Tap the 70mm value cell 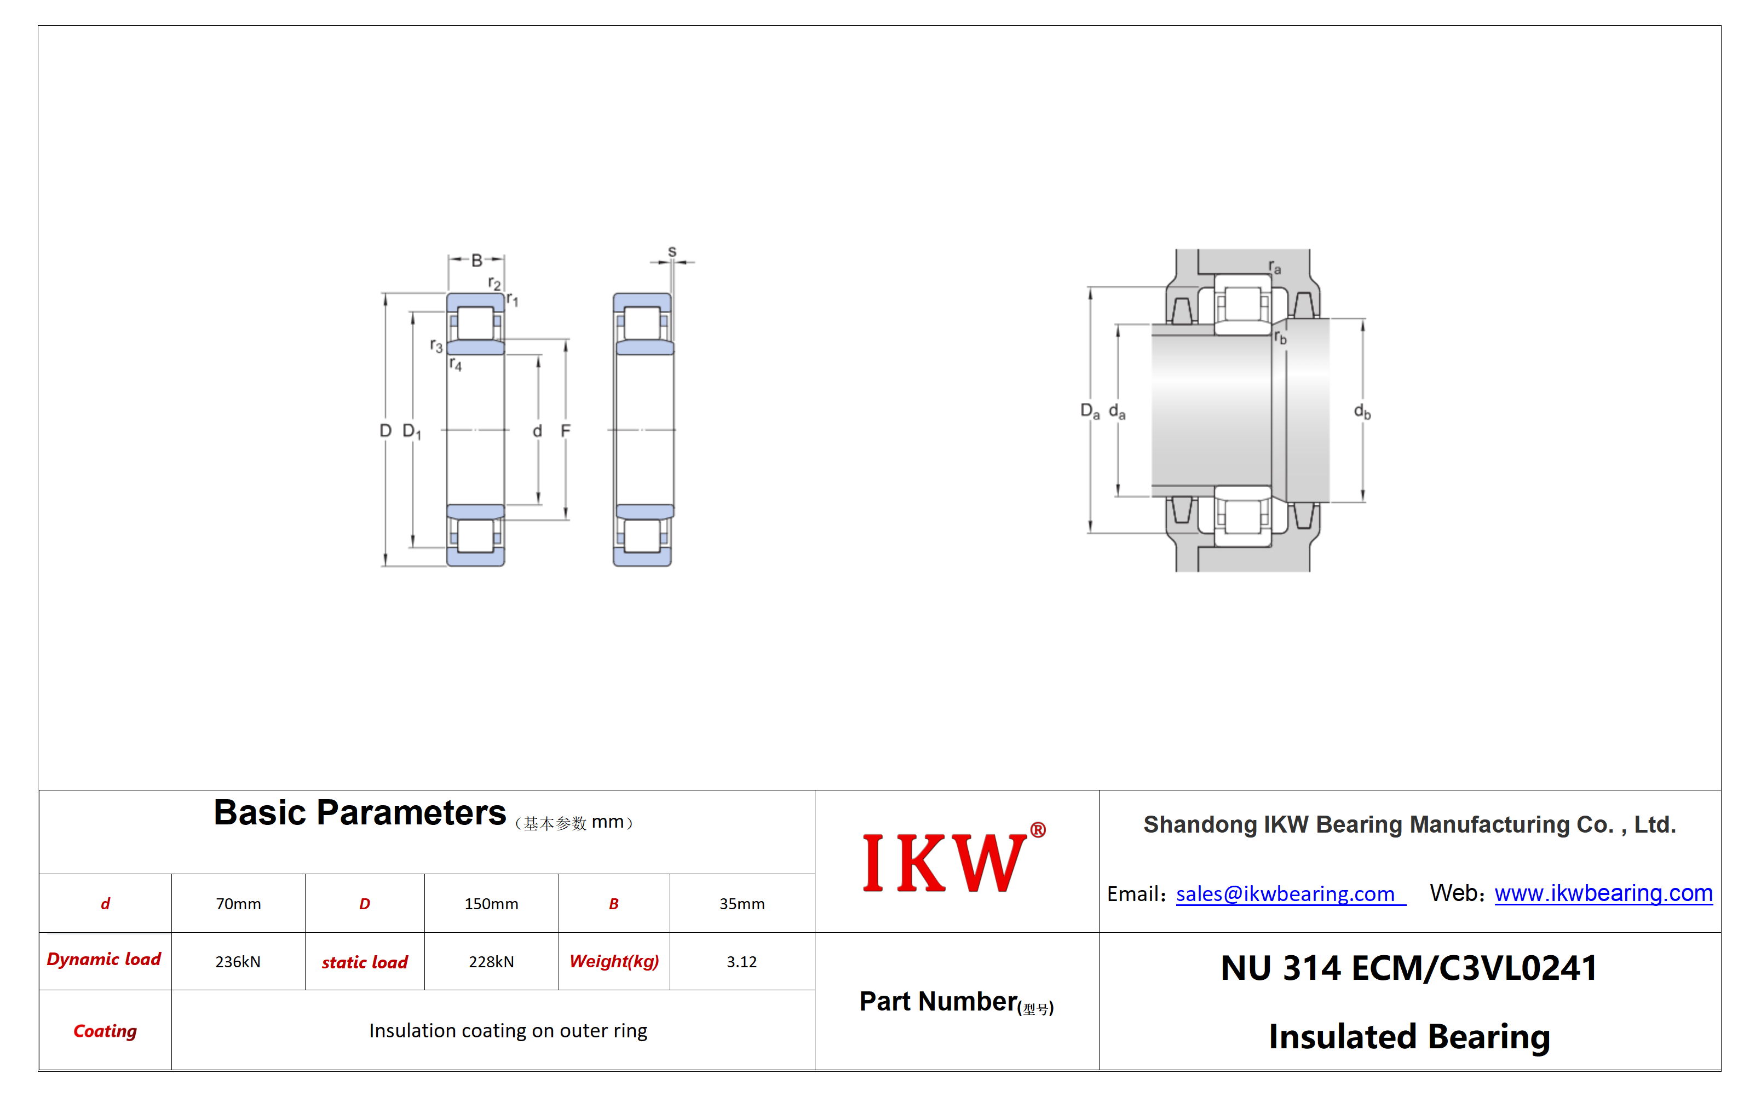[238, 904]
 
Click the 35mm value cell [741, 904]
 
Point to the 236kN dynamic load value [238, 961]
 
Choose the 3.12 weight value [741, 961]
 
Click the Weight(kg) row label [614, 961]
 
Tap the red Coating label [105, 1031]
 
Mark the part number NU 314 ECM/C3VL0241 [1409, 968]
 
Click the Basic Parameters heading [359, 813]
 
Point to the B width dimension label [476, 261]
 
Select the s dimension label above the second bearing [672, 251]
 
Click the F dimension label [565, 431]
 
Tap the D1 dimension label [411, 431]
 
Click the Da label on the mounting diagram [1090, 412]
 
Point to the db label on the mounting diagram [1362, 412]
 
